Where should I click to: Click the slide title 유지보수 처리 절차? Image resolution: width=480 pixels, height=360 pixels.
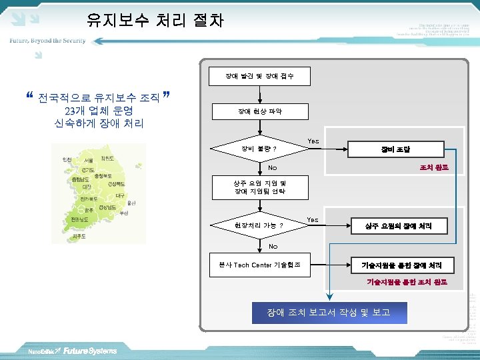(155, 21)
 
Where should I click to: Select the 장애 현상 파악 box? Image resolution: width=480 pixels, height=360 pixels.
(259, 111)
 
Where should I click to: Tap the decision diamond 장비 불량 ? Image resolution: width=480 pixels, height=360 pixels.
(259, 148)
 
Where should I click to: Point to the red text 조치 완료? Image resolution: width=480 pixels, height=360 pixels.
(433, 167)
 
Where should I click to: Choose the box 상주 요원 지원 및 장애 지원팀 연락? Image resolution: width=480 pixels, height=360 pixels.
(259, 187)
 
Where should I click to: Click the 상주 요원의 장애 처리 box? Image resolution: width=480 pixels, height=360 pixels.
(397, 226)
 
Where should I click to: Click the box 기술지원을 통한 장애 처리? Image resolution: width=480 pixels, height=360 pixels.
(397, 265)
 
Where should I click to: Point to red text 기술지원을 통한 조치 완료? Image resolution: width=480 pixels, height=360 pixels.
(407, 282)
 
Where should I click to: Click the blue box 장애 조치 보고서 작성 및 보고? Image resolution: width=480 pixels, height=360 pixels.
(328, 312)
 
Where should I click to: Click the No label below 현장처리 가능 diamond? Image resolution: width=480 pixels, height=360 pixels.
(273, 247)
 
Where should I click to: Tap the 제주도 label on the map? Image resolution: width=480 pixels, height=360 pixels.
(79, 236)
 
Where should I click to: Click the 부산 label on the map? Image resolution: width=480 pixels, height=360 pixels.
(124, 213)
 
